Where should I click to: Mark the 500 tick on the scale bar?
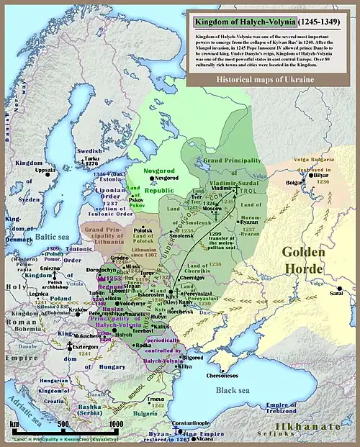(62, 424)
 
